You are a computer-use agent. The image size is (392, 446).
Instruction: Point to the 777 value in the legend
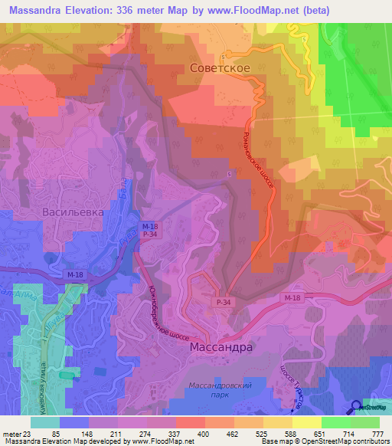(x=376, y=434)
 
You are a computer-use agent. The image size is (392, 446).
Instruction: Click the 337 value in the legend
(x=174, y=434)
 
